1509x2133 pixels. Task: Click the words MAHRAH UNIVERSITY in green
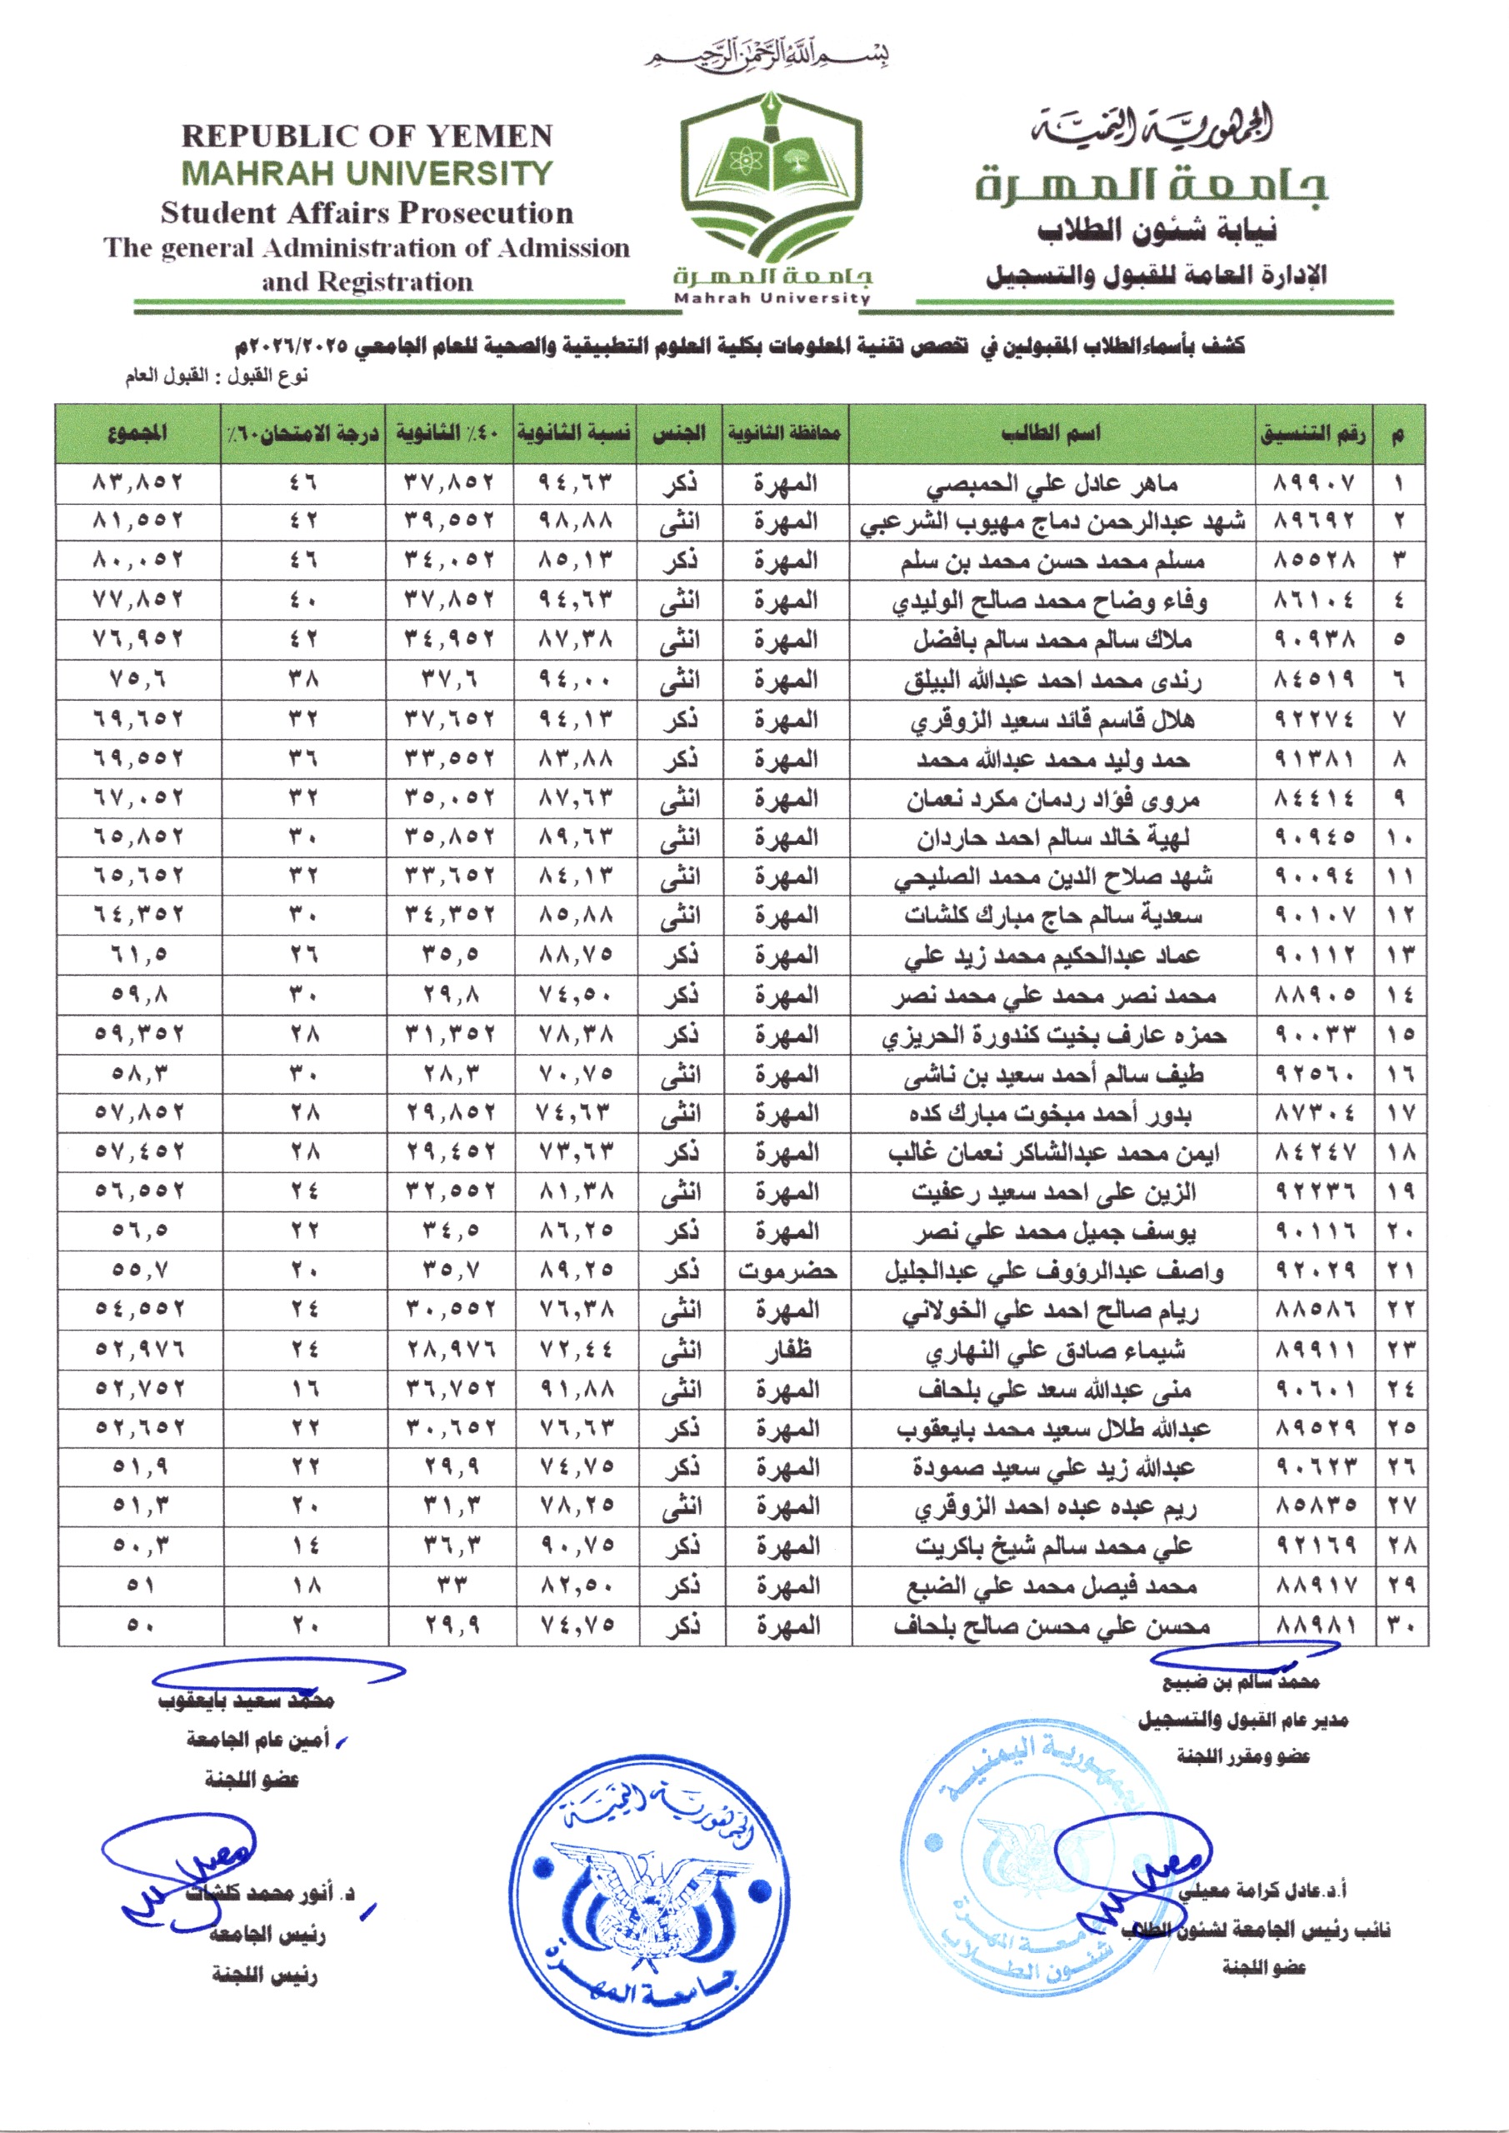coord(367,174)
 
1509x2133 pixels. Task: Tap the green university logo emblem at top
coord(772,181)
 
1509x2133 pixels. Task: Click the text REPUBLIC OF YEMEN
coord(367,137)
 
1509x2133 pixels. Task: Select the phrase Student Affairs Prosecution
coord(367,212)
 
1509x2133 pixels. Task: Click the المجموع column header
coord(138,433)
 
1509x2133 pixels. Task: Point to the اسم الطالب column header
coord(1051,433)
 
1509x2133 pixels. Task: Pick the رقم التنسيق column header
coord(1313,433)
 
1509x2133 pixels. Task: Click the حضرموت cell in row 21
coord(787,1271)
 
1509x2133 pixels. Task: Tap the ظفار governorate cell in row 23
coord(788,1350)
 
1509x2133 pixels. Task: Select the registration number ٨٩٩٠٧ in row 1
coord(1314,484)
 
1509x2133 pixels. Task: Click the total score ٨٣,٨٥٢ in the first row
coord(138,483)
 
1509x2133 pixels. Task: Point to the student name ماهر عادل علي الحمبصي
coord(1052,484)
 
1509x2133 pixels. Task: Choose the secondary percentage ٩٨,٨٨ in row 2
coord(576,522)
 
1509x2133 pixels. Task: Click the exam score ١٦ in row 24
coord(304,1389)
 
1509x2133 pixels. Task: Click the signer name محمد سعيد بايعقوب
coord(247,1701)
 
